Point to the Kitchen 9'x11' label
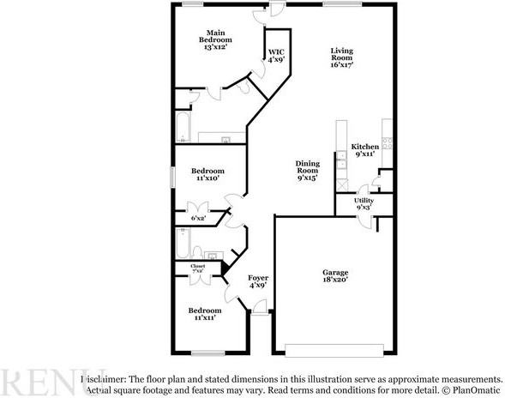click(365, 150)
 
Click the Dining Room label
click(307, 171)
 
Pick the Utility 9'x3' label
click(364, 204)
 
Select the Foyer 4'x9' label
click(258, 281)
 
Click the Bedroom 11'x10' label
click(207, 174)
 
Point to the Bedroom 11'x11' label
click(204, 313)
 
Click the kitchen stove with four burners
click(388, 143)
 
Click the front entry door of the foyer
click(260, 313)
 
